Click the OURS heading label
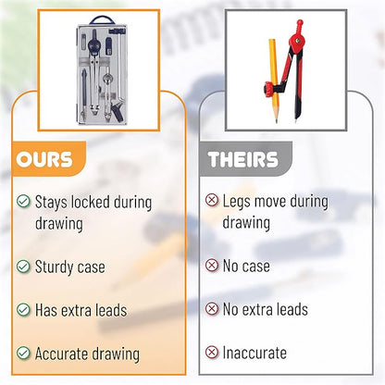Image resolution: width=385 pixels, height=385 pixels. pyautogui.click(x=44, y=159)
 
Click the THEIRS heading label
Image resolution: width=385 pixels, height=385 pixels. pyautogui.click(x=243, y=159)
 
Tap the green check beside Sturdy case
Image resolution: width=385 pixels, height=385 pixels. pyautogui.click(x=23, y=267)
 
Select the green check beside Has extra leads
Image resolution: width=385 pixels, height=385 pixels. pyautogui.click(x=23, y=310)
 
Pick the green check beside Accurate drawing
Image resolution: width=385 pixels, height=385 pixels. pyautogui.click(x=23, y=353)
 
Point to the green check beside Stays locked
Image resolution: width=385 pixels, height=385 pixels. pyautogui.click(x=23, y=201)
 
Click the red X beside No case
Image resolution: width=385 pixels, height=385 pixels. pyautogui.click(x=212, y=266)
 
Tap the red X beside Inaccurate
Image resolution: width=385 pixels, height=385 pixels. pyautogui.click(x=212, y=352)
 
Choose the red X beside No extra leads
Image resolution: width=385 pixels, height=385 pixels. pyautogui.click(x=212, y=308)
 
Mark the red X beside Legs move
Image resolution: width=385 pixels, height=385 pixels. pyautogui.click(x=212, y=200)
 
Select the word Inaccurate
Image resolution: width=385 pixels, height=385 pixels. pyautogui.click(x=255, y=353)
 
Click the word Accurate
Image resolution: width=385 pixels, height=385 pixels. pyautogui.click(x=61, y=354)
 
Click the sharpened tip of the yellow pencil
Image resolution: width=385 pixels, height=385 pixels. pyautogui.click(x=276, y=121)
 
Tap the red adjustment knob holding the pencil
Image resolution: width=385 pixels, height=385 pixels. pyautogui.click(x=268, y=90)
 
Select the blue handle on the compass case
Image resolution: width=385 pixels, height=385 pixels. pyautogui.click(x=102, y=20)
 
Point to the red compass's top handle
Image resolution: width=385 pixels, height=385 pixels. pyautogui.click(x=299, y=25)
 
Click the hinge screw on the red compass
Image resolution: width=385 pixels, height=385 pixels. pyautogui.click(x=297, y=41)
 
